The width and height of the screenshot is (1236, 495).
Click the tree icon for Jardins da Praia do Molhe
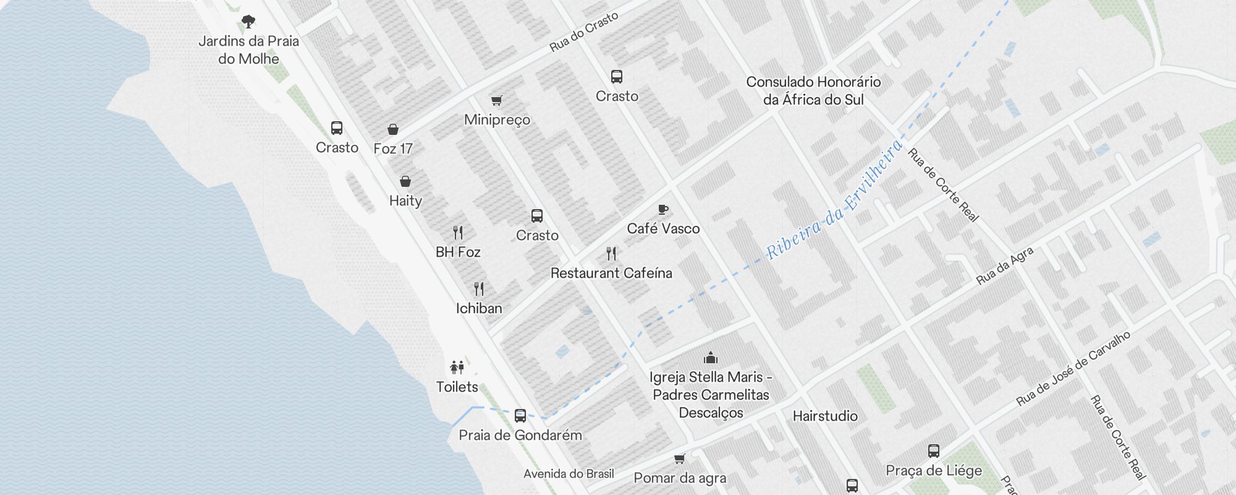[x=248, y=22]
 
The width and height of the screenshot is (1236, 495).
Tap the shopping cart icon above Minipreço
[x=497, y=100]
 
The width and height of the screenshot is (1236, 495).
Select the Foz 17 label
[x=392, y=148]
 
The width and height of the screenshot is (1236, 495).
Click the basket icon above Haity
[x=405, y=181]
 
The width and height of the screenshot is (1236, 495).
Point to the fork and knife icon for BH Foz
[x=458, y=233]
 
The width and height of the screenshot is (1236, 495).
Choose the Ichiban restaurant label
[x=479, y=308]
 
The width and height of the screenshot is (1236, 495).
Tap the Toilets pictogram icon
[x=457, y=368]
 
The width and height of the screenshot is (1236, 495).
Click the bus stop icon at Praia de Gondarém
[x=520, y=415]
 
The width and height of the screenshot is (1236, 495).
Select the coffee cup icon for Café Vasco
[x=663, y=209]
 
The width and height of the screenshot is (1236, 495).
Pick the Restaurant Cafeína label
[x=611, y=273]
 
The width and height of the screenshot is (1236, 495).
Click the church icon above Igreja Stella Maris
[x=711, y=358]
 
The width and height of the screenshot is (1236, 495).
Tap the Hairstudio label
[x=825, y=416]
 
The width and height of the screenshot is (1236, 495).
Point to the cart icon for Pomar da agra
[x=680, y=459]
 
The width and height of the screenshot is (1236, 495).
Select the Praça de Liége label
[x=934, y=471]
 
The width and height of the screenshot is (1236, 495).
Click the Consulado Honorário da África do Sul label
[x=813, y=90]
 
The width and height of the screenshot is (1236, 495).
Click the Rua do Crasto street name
[x=584, y=32]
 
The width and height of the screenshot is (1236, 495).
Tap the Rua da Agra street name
[x=1004, y=266]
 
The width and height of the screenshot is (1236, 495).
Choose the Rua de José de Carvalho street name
[x=1073, y=369]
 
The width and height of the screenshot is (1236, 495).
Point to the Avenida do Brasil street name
[x=569, y=474]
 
